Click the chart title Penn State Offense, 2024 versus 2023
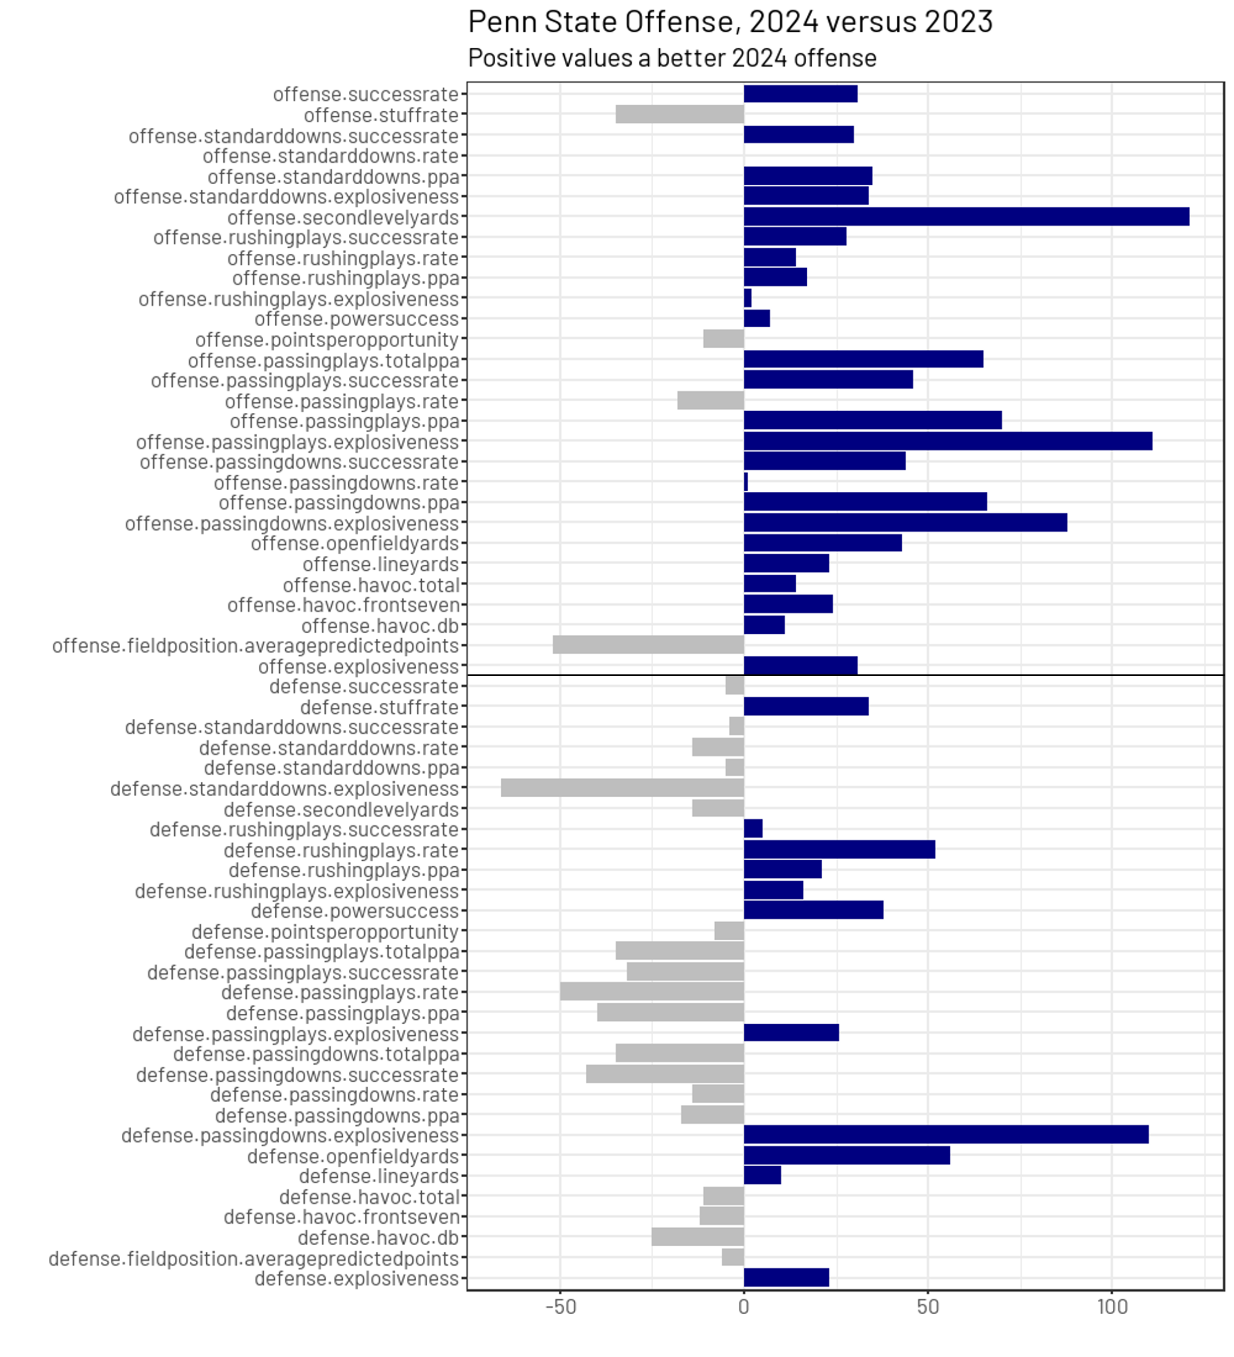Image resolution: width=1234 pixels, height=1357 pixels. (x=730, y=22)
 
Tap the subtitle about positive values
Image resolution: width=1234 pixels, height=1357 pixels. (x=672, y=59)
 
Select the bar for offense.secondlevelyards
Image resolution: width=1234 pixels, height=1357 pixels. (x=966, y=217)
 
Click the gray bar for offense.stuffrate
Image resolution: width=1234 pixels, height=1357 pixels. (x=680, y=115)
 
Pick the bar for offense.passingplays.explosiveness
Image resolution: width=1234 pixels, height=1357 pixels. (x=947, y=441)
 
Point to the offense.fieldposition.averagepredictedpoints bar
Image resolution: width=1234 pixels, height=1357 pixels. (x=648, y=645)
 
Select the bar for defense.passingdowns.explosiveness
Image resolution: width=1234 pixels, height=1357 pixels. (x=946, y=1135)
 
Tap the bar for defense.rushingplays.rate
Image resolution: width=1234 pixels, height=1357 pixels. (x=839, y=849)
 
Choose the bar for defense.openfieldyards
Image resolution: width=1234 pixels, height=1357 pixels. (x=846, y=1156)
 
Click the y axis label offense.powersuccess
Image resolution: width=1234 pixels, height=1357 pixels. (x=356, y=319)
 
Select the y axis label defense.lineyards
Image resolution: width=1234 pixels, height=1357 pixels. (x=378, y=1176)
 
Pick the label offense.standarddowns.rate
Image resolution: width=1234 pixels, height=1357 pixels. (x=331, y=156)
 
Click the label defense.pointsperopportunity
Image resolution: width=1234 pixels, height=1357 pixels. (x=325, y=932)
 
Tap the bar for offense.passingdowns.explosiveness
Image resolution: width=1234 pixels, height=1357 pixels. (x=905, y=523)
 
